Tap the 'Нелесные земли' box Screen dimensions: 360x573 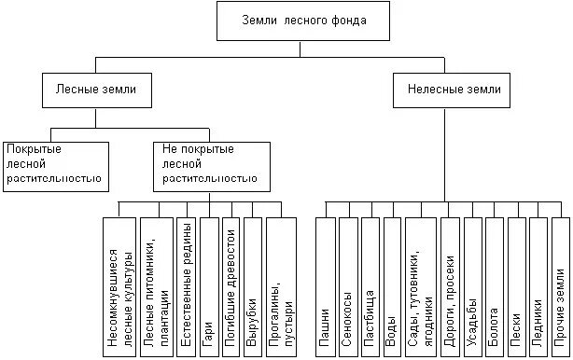pos(454,91)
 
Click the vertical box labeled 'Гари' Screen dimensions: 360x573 pos(209,284)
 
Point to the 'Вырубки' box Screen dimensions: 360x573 pos(253,284)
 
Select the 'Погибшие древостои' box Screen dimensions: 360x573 pos(231,284)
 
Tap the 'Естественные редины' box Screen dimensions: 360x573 pos(187,284)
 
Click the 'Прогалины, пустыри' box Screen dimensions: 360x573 pos(280,284)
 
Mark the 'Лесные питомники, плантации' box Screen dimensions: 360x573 pos(155,284)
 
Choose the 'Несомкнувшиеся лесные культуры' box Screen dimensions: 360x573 pos(119,284)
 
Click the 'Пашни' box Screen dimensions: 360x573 pos(325,284)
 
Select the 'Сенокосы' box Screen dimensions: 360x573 pos(347,284)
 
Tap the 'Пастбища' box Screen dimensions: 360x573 pos(370,284)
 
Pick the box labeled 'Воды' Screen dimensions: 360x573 pos(392,284)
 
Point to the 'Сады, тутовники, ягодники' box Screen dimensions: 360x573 pos(422,284)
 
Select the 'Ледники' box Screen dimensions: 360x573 pos(538,284)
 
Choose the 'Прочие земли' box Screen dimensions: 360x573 pos(560,284)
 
